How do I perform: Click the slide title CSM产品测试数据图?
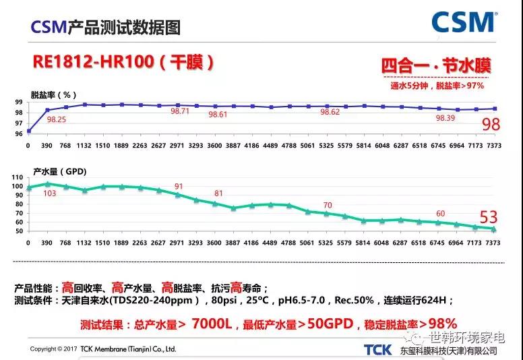106,28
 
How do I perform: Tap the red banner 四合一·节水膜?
436,66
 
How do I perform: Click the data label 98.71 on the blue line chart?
180,111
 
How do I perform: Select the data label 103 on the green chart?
49,193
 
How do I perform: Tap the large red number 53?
489,217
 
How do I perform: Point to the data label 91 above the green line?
179,186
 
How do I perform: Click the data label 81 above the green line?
218,193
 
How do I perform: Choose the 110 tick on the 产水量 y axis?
17,177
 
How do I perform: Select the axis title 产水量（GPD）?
59,171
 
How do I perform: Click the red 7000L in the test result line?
212,324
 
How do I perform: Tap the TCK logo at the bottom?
377,349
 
